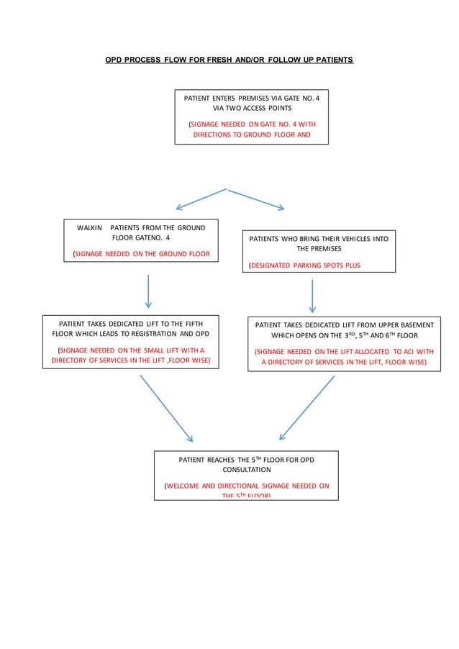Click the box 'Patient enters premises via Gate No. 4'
[x=251, y=117]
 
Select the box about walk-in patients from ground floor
[x=142, y=240]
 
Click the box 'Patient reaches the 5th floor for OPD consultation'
[x=246, y=475]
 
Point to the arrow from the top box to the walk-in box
[x=197, y=199]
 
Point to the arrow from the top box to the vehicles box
[x=256, y=199]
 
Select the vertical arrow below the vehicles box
[x=312, y=296]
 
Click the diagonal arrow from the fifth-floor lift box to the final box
[x=166, y=408]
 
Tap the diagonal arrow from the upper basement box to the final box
[x=307, y=408]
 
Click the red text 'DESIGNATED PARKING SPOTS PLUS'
[x=305, y=265]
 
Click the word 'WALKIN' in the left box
[x=90, y=227]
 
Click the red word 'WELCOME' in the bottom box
[x=186, y=486]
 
